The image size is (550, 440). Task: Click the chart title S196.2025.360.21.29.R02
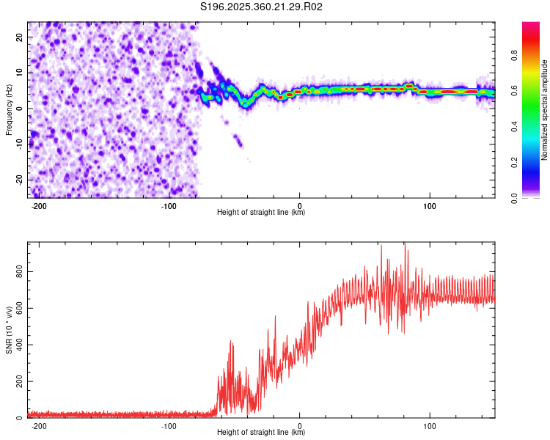261,7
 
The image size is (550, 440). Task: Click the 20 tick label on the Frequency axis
19,37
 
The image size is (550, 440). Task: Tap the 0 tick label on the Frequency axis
19,109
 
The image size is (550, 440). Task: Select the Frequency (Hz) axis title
9,110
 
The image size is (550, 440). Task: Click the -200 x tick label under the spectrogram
39,206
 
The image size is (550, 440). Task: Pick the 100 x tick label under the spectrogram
430,206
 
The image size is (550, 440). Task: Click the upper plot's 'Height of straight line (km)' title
261,212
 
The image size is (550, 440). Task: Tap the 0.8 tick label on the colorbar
514,55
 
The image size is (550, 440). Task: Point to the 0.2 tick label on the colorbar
514,162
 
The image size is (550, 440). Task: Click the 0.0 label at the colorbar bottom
514,198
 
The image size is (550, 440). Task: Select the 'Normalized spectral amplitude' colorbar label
544,110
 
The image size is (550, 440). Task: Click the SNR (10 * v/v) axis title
9,330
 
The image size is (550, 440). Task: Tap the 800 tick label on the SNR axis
19,271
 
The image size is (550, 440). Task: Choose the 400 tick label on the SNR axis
19,345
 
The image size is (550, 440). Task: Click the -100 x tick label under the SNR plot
169,426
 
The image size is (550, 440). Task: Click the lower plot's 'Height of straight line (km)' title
261,432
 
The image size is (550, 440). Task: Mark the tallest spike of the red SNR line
405,243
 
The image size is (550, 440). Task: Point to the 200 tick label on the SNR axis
19,381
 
